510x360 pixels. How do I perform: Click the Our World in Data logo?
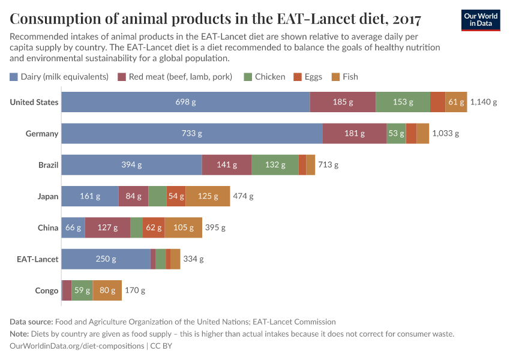point(481,20)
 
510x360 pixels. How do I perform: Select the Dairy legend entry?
point(59,77)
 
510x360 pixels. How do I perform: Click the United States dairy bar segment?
point(185,102)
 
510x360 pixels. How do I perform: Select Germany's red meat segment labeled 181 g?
point(355,133)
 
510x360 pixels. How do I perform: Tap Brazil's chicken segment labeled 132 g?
point(275,164)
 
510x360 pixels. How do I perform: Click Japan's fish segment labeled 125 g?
point(208,196)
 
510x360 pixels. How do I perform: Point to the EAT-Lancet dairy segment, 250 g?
point(106,259)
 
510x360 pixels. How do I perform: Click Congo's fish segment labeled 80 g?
point(107,290)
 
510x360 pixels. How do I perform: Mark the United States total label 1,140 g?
point(484,102)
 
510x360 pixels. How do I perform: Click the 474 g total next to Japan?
point(244,196)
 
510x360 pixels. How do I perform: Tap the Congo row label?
point(47,290)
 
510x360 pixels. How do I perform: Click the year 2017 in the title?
point(400,19)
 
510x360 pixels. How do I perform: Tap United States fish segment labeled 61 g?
point(456,102)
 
